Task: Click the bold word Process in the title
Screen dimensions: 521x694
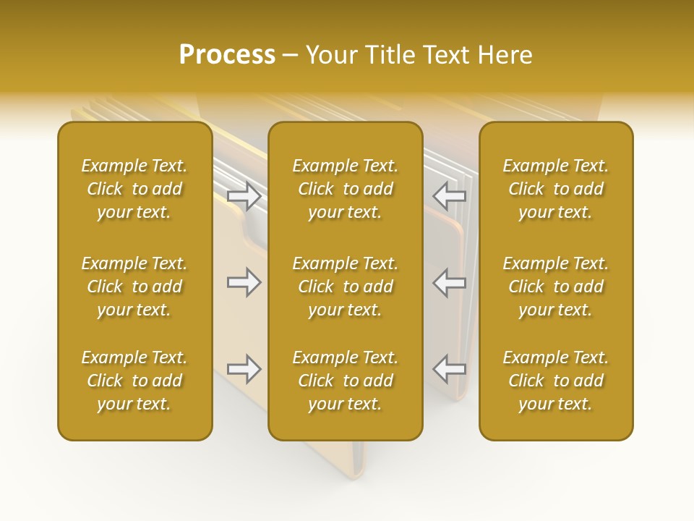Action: [227, 55]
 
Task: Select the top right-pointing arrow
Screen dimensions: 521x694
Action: [244, 195]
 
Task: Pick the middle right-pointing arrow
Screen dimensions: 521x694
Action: [244, 282]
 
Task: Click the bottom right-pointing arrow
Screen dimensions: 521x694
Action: [244, 369]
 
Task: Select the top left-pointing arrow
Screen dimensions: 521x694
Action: [450, 195]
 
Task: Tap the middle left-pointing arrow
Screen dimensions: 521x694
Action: [450, 282]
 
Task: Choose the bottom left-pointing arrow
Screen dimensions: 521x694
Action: [450, 369]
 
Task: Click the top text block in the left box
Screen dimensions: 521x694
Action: [134, 189]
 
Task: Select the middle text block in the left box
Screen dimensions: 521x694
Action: [134, 287]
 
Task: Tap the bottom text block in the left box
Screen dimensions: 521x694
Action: [134, 381]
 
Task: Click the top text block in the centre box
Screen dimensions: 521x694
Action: [345, 189]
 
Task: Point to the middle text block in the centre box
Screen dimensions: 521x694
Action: [345, 287]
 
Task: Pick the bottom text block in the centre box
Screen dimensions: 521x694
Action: [345, 381]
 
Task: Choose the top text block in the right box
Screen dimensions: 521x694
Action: [556, 189]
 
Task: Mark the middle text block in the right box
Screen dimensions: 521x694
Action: [556, 287]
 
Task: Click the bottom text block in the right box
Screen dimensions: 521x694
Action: [556, 381]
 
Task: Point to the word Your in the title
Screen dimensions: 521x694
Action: [330, 55]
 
